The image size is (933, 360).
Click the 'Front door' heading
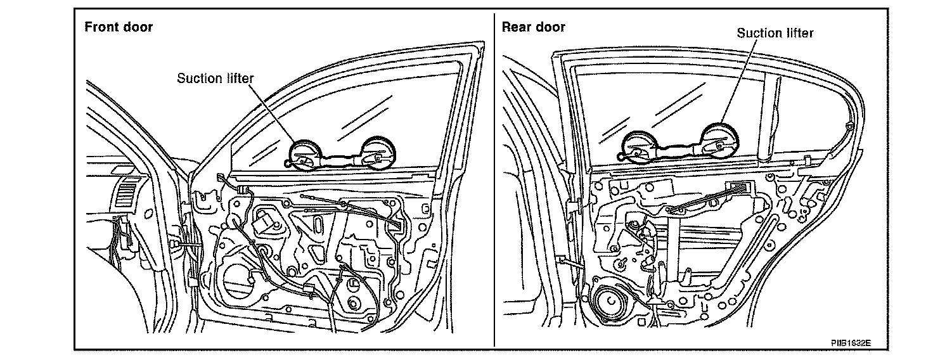pos(119,27)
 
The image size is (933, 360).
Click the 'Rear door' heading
pos(533,27)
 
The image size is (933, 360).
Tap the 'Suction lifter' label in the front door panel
pos(215,79)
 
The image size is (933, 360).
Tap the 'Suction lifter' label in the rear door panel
pos(775,33)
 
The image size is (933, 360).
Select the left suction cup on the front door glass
pos(305,154)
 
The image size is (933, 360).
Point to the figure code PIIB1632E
pos(851,342)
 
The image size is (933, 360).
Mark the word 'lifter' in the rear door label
pos(797,33)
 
